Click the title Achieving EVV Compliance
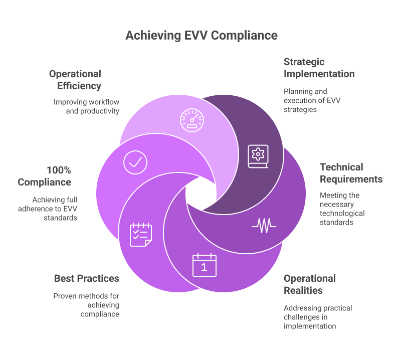201,35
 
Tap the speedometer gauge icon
192,120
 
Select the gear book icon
259,156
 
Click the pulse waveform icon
264,226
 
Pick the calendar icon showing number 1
204,265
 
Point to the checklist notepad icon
141,235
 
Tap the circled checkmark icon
135,162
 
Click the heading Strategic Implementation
319,68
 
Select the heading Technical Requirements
351,173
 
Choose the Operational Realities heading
309,284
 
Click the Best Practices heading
87,278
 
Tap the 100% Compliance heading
45,176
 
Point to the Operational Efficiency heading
75,80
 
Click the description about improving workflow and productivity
86,106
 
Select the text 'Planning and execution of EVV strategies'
305,100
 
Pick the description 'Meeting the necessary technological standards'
342,209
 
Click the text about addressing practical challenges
318,317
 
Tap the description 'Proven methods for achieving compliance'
86,305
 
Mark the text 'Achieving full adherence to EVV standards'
55,208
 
